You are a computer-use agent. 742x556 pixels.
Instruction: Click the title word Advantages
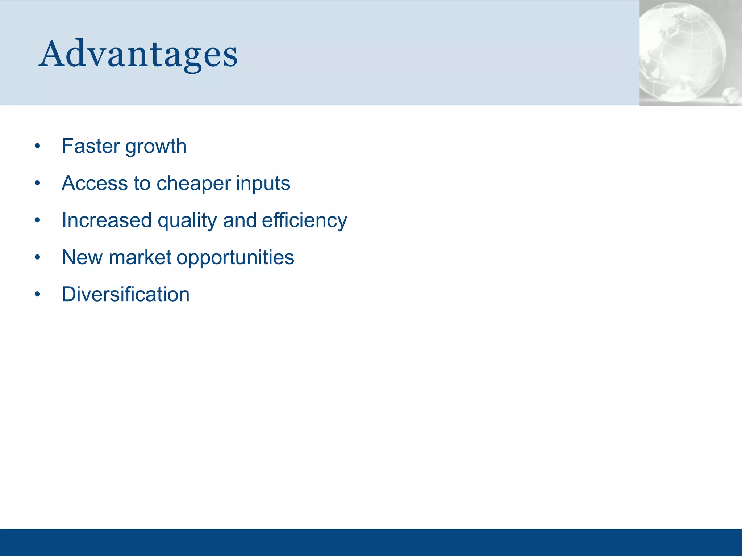click(x=138, y=54)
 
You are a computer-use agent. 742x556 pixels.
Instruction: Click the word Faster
click(x=91, y=146)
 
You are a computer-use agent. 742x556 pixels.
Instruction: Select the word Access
click(x=95, y=183)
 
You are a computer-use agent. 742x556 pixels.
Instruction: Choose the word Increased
click(x=107, y=220)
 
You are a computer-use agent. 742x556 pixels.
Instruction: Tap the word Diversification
click(x=125, y=294)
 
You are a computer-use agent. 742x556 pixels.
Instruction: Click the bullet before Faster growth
click(x=37, y=147)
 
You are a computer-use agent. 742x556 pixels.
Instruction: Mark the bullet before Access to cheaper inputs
click(x=37, y=184)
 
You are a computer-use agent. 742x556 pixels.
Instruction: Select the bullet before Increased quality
click(x=37, y=220)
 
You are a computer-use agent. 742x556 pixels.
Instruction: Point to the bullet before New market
click(x=37, y=257)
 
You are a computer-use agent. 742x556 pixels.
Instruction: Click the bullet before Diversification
click(x=37, y=294)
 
